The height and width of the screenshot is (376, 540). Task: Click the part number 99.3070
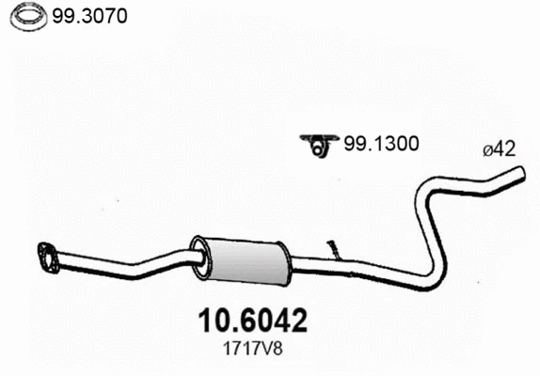(x=90, y=16)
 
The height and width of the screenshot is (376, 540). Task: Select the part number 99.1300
(x=381, y=144)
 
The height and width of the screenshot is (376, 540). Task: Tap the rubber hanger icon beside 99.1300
(x=319, y=143)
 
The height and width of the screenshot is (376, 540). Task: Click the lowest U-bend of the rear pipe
(x=428, y=279)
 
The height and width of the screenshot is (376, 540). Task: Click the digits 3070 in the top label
(x=106, y=16)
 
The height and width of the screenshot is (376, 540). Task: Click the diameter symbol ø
(x=486, y=149)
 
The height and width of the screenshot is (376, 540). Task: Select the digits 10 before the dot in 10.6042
(x=209, y=321)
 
